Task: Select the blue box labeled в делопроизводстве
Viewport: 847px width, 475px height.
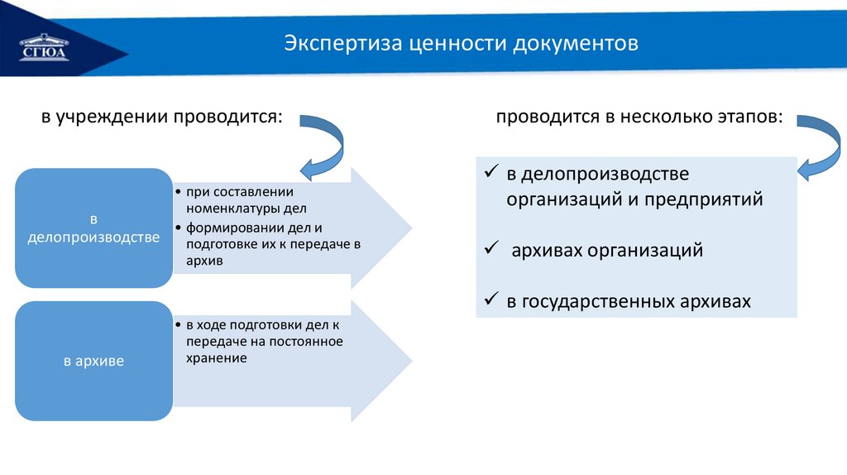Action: [x=93, y=228]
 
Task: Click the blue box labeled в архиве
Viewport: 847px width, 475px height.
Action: [x=93, y=361]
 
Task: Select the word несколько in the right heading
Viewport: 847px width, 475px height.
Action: [x=652, y=118]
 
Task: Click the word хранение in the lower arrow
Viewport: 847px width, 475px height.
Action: [x=216, y=357]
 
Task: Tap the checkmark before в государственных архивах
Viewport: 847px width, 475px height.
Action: [x=490, y=300]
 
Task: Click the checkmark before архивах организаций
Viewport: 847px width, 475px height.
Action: [x=490, y=248]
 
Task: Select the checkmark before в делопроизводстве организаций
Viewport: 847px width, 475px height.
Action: [x=490, y=174]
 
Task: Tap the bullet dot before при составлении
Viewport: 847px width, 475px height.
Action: [x=179, y=191]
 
